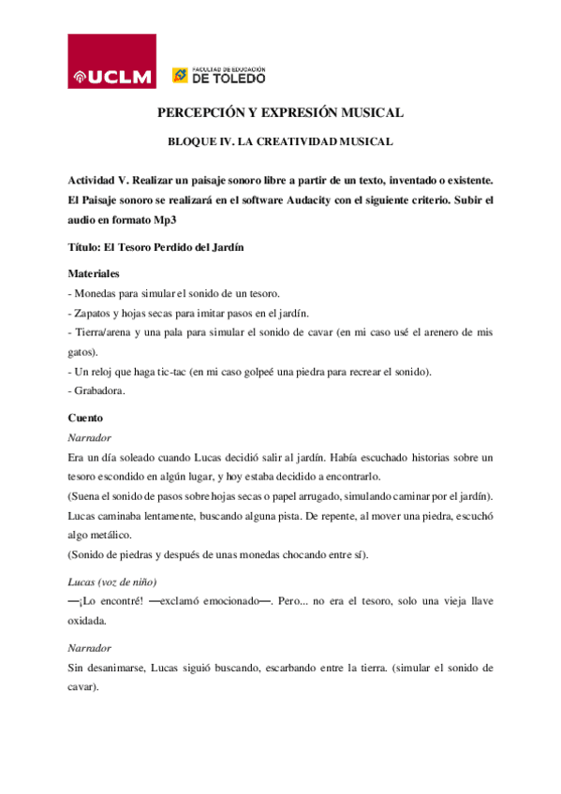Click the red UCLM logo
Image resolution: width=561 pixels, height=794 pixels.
pyautogui.click(x=111, y=64)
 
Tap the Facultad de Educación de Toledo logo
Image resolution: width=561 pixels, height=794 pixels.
pyautogui.click(x=217, y=76)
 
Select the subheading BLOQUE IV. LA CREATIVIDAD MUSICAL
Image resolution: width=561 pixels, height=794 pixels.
pyautogui.click(x=279, y=141)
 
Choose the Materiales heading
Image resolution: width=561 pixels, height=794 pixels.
pyautogui.click(x=95, y=274)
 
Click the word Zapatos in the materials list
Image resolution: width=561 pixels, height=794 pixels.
pyautogui.click(x=95, y=313)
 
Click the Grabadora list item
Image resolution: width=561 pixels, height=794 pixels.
pyautogui.click(x=98, y=391)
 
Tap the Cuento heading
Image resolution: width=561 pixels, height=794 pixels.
pyautogui.click(x=85, y=418)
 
